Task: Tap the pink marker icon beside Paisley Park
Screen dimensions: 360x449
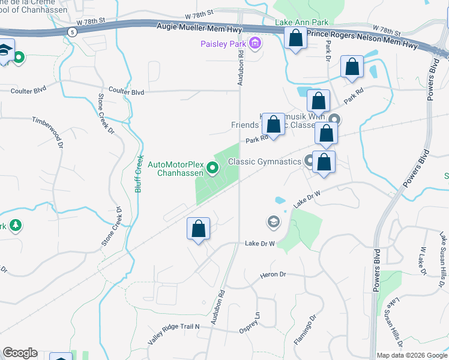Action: click(255, 43)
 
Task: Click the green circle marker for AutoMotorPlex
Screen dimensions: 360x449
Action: click(212, 168)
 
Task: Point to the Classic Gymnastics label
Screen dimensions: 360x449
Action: click(267, 162)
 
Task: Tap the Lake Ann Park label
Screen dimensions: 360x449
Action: click(302, 23)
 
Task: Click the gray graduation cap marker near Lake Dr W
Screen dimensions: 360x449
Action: click(273, 223)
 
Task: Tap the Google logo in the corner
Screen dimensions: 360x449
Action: click(20, 353)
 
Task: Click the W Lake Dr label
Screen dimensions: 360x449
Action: click(422, 260)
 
